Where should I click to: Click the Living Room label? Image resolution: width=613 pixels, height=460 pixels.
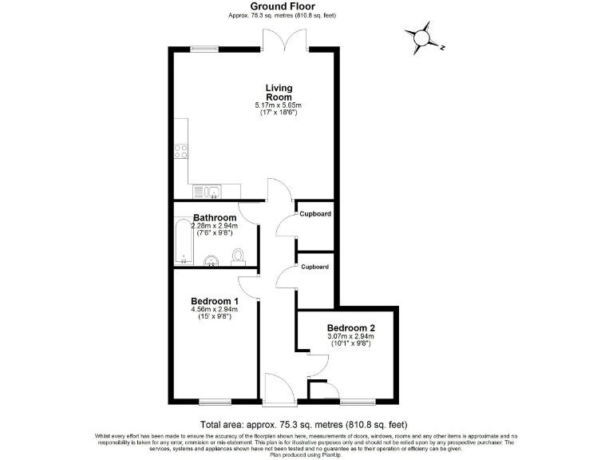[x=279, y=92]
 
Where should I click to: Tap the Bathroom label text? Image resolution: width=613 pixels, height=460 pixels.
[x=215, y=218]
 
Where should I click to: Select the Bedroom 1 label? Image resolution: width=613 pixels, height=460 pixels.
[x=214, y=301]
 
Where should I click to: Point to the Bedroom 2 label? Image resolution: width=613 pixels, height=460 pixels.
[x=350, y=327]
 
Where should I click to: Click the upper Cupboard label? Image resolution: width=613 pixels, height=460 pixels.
[x=314, y=214]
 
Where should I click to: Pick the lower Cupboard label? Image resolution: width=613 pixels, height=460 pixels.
[x=314, y=267]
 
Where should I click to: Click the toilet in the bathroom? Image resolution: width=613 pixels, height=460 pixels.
[x=237, y=256]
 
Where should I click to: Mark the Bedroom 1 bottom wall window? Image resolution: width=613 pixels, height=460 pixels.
[x=214, y=401]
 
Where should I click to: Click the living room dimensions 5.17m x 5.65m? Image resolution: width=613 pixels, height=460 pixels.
[x=279, y=105]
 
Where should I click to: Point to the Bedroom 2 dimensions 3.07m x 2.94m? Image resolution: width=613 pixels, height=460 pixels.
[x=350, y=338]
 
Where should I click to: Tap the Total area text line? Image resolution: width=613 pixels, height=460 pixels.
[x=306, y=424]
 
